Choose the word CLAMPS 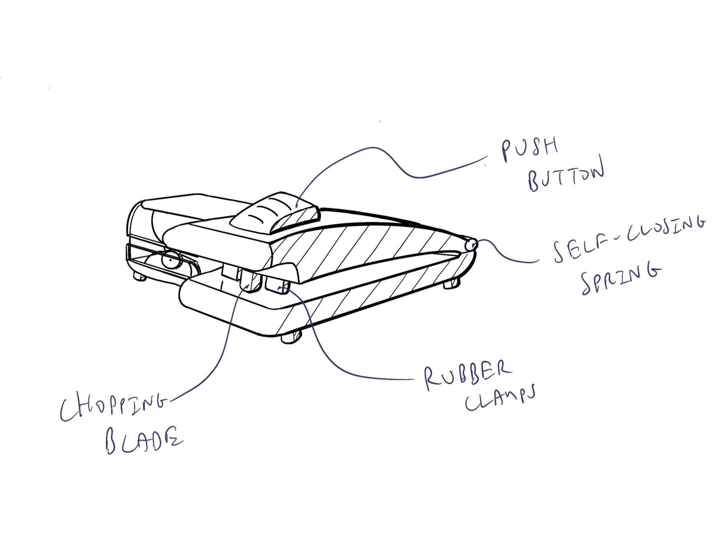500,399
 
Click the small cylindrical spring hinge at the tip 471,245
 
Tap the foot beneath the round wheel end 140,277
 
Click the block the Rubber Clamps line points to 277,285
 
